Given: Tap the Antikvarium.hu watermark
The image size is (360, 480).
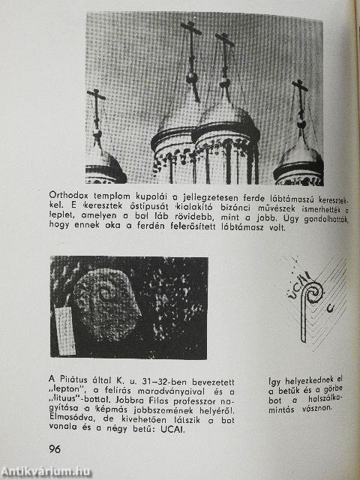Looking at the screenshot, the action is (x=46, y=471).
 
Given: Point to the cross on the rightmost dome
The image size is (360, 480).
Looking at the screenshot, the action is (x=300, y=101).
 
